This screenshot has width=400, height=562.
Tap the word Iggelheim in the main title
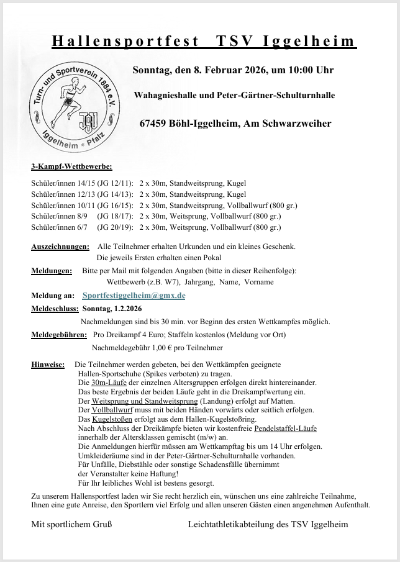point(309,42)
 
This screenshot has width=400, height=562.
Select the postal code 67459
point(157,124)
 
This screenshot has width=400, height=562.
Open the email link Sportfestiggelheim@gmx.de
point(134,296)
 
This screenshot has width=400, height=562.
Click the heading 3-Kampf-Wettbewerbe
point(71,167)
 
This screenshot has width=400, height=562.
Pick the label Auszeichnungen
point(60,247)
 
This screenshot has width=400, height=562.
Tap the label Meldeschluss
point(55,309)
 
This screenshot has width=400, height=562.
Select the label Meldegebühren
point(59,335)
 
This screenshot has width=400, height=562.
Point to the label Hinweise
point(48,365)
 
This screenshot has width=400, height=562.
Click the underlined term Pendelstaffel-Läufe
point(286,428)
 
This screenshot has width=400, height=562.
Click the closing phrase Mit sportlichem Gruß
point(71,524)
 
